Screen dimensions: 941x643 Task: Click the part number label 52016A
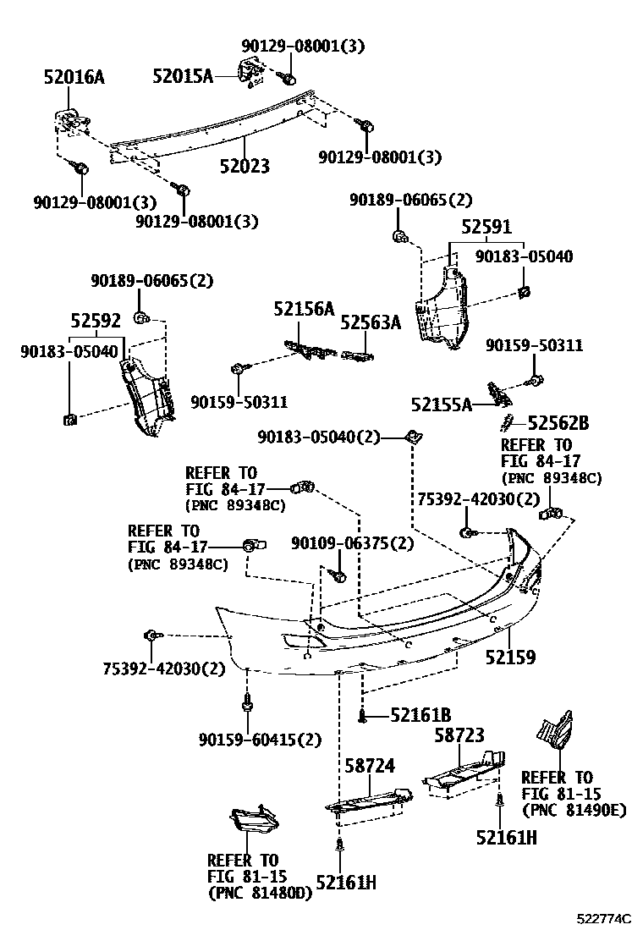pos(74,78)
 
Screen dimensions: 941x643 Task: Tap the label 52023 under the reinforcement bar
pos(241,166)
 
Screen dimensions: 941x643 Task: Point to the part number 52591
pos(486,228)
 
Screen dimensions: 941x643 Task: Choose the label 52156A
pos(303,309)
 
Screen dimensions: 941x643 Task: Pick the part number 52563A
pos(371,322)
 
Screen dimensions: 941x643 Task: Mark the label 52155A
pos(442,404)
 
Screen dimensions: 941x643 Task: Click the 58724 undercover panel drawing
pos(370,800)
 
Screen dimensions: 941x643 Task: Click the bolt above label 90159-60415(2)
pos(246,702)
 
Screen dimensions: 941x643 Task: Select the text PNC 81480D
pos(260,893)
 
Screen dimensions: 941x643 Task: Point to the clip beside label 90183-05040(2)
pos(414,437)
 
